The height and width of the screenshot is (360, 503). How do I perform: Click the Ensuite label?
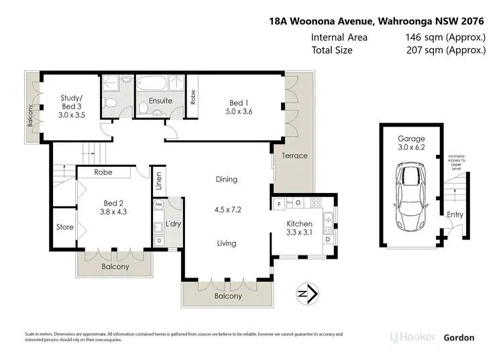click(160, 101)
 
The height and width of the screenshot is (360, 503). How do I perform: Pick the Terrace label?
click(294, 156)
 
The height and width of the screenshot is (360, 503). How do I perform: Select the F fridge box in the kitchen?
click(278, 203)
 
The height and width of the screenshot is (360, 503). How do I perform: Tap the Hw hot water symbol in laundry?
click(159, 204)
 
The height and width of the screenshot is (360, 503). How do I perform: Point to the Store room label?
click(64, 227)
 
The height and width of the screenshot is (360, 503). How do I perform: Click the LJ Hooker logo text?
click(413, 337)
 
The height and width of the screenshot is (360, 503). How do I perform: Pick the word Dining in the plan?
click(226, 179)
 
